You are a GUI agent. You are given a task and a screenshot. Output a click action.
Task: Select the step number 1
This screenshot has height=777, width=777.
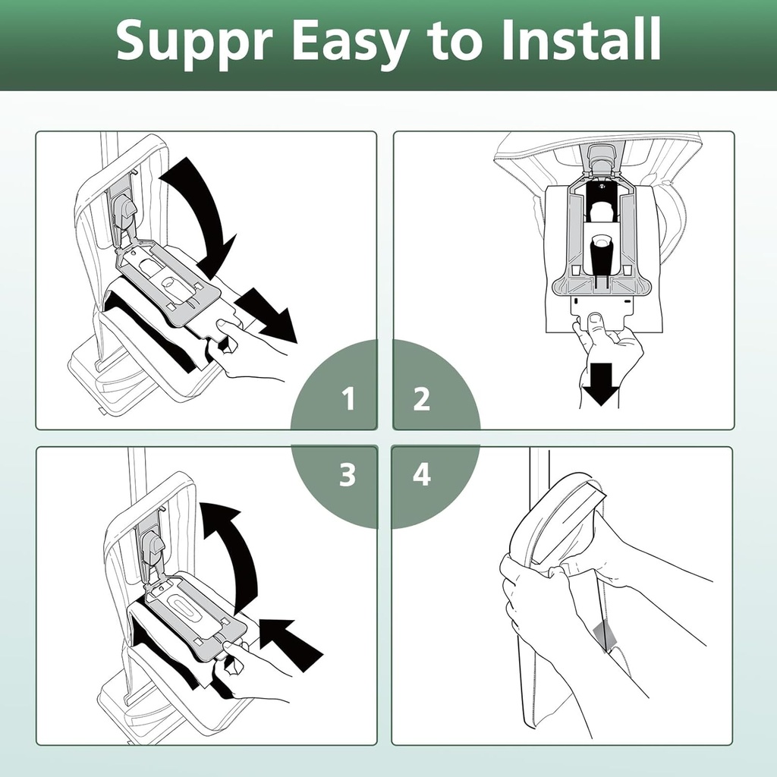[x=348, y=398]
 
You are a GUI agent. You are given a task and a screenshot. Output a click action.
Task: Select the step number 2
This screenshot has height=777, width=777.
[x=422, y=398]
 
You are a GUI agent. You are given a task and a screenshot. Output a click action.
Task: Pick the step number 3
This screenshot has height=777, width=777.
[x=348, y=476]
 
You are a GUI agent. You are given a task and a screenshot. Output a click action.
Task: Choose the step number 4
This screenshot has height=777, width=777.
[x=422, y=476]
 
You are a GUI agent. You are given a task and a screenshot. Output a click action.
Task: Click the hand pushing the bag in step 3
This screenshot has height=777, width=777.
[x=250, y=668]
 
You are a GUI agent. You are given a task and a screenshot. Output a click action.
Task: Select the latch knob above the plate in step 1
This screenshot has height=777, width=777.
[x=123, y=208]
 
